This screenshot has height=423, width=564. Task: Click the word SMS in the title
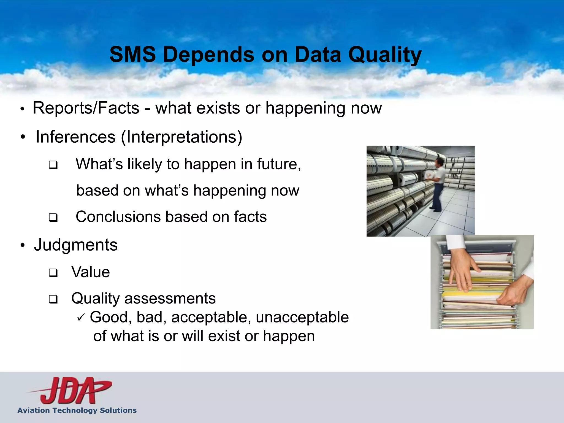coord(132,54)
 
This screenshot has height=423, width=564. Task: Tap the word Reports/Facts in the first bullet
coord(86,108)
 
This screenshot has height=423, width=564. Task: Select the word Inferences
coord(75,137)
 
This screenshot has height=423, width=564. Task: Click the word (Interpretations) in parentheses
coord(181,137)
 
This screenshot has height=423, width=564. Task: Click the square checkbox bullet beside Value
coord(53,273)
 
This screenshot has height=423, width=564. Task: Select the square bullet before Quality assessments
coord(53,299)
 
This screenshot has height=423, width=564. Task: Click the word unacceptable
coord(302,317)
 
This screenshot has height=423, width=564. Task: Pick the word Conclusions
coord(118,217)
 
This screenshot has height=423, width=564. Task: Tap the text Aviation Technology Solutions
coord(77,410)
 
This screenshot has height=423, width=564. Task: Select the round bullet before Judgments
coord(23,245)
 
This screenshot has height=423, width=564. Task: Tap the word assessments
coord(170,299)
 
